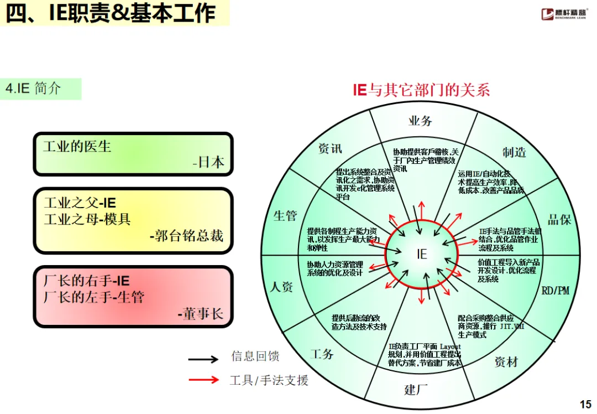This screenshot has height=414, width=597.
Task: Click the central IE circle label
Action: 422,254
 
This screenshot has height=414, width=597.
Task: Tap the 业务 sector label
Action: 420,121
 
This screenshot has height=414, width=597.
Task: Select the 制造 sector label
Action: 514,152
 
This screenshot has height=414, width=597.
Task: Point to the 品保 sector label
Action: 559,220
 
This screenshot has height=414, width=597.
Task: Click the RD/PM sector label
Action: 555,291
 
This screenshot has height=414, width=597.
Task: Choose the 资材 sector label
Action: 506,362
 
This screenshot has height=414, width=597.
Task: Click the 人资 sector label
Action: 281,287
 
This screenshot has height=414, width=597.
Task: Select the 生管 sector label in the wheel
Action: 285,216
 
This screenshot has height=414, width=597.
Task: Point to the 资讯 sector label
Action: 331,148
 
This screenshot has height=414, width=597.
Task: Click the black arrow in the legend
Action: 203,359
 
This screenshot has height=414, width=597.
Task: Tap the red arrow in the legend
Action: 203,380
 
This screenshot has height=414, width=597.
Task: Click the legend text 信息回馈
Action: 255,357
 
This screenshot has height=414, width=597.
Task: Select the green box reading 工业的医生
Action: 133,154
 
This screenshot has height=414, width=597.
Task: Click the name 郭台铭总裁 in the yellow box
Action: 187,236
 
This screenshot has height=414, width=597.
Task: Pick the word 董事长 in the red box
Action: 201,314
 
